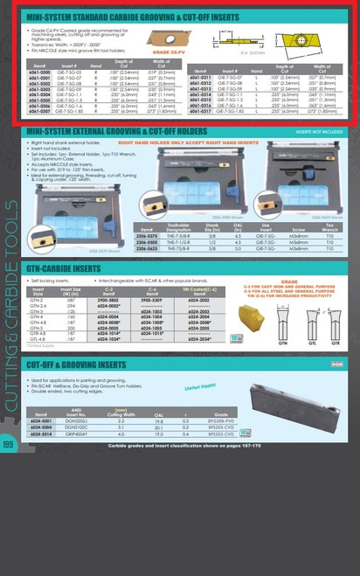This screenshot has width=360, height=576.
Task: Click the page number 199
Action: point(9,568)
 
